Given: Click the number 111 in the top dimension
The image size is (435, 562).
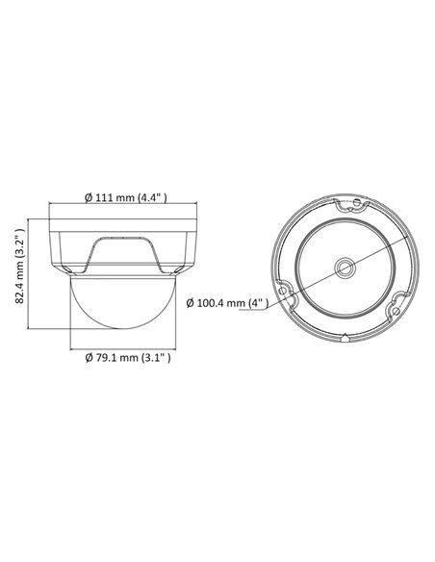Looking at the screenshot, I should [103, 198].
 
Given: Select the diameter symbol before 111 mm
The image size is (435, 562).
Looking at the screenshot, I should [87, 198].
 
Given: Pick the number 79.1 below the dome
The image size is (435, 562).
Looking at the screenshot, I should [103, 358].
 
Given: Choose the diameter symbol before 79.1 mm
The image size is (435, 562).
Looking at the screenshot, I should [87, 358].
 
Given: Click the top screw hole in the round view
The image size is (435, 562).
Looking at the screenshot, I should [356, 204].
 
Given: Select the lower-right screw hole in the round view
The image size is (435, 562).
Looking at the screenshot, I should [395, 312].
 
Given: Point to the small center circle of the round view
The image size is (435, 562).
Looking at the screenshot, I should [343, 267].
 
